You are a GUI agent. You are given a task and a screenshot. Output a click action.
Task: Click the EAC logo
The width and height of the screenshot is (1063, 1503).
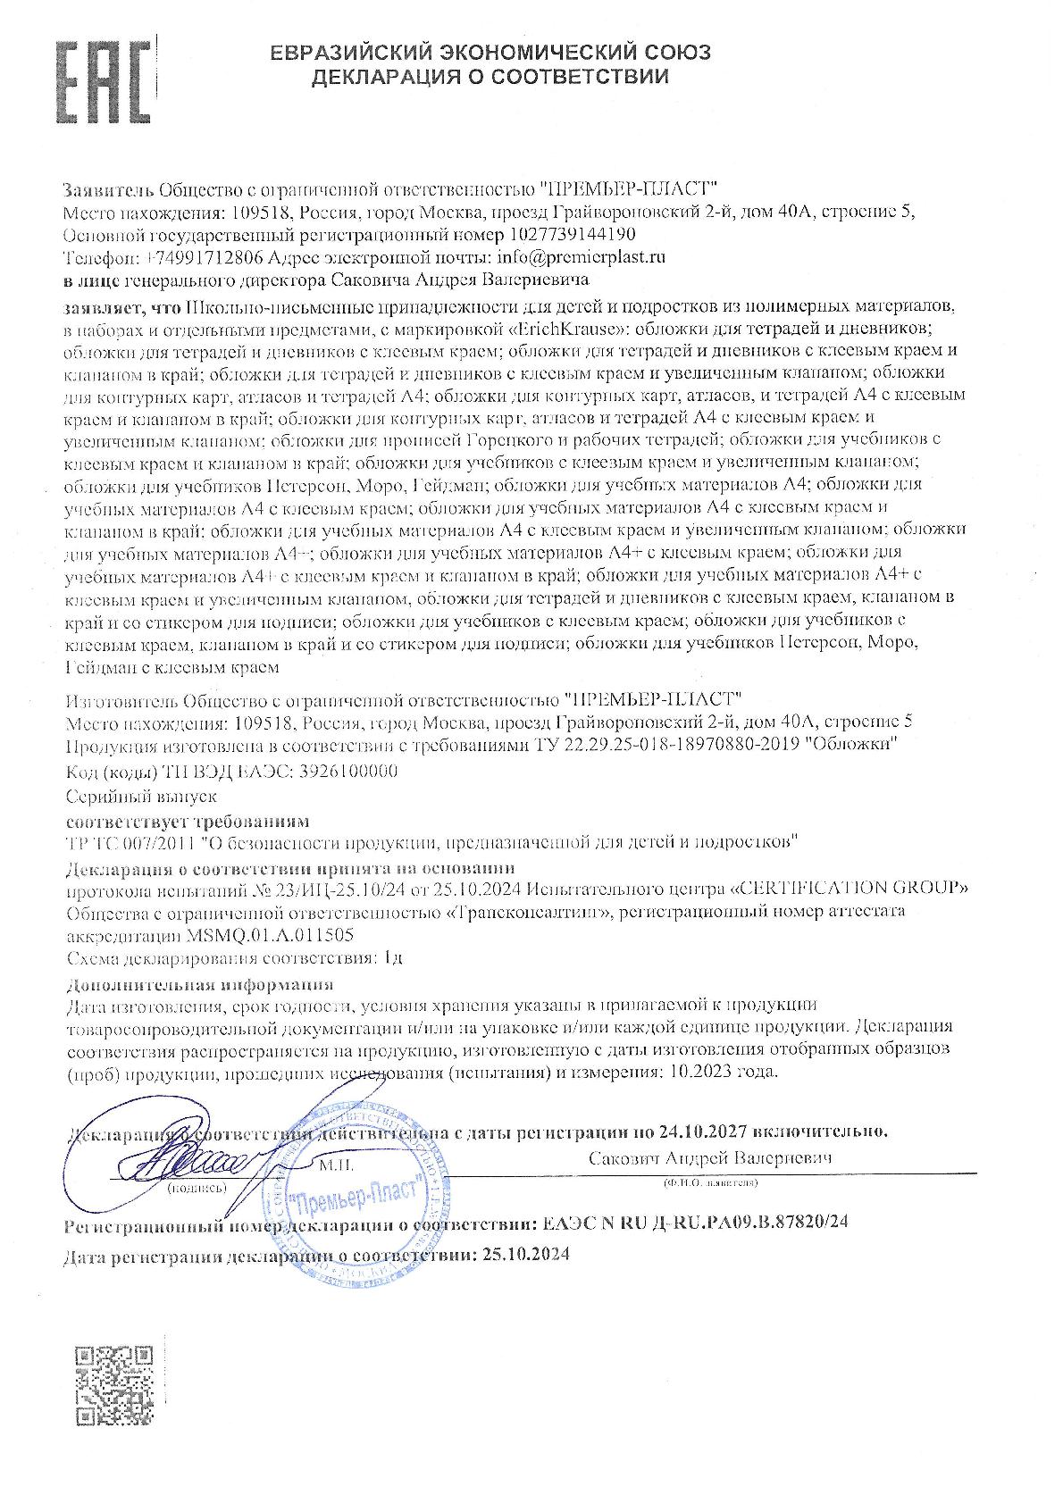pyautogui.click(x=101, y=83)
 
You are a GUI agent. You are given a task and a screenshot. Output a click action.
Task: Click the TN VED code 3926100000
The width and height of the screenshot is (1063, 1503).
pyautogui.click(x=346, y=772)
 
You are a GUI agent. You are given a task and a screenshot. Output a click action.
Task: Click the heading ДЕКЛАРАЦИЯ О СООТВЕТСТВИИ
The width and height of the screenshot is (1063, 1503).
pyautogui.click(x=490, y=77)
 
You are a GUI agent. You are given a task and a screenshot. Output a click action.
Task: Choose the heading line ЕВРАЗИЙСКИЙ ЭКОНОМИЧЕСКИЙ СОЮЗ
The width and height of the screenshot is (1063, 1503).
pyautogui.click(x=490, y=53)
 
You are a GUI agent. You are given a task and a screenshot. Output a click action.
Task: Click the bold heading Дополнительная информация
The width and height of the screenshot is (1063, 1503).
pyautogui.click(x=200, y=985)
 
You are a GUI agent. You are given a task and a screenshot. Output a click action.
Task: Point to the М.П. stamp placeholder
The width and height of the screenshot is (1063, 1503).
pyautogui.click(x=335, y=1166)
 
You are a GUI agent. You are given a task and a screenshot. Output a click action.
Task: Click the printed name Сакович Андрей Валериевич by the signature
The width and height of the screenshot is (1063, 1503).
pyautogui.click(x=710, y=1157)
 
